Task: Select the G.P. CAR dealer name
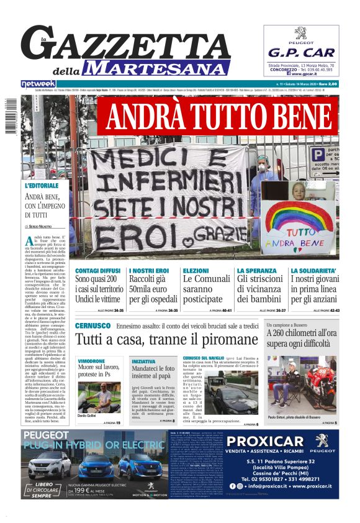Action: click(301, 52)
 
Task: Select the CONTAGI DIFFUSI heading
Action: click(98, 271)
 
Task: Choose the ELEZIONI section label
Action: click(196, 271)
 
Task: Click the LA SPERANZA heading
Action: click(257, 271)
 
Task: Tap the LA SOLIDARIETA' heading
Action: click(314, 271)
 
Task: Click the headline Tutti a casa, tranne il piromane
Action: click(166, 339)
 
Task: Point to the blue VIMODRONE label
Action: click(91, 361)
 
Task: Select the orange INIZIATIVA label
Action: click(143, 361)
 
